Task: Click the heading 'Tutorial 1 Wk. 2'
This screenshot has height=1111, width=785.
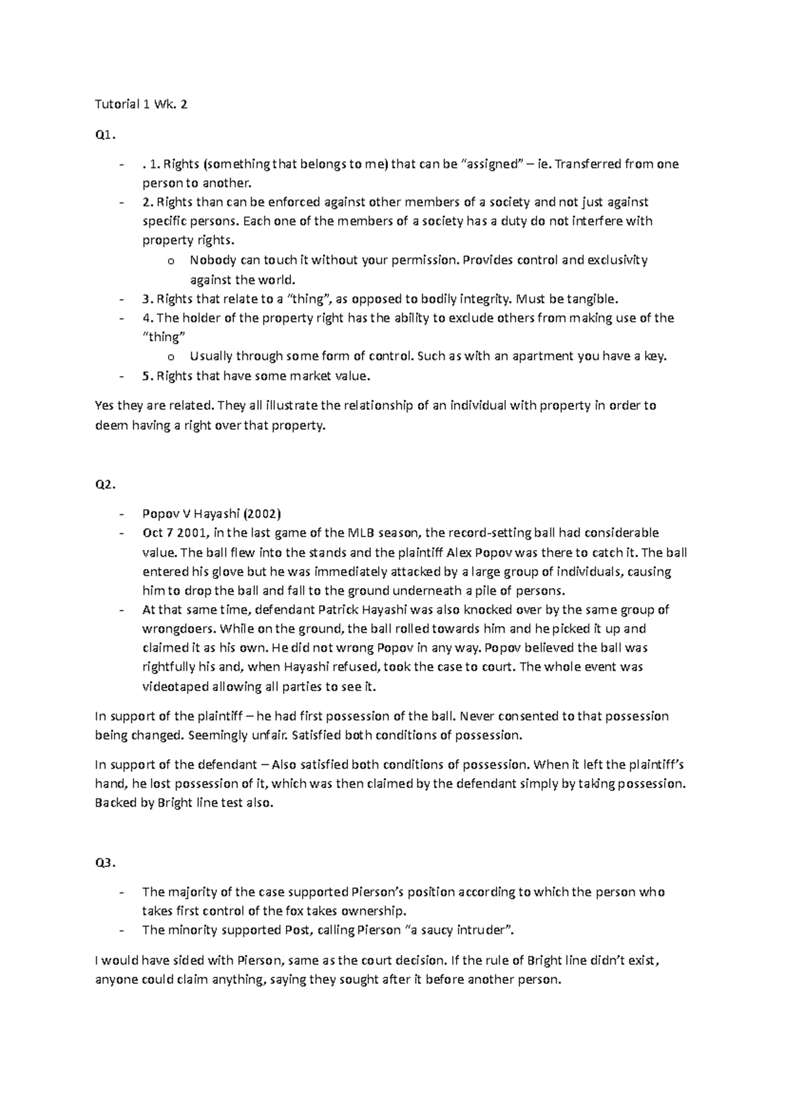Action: click(x=141, y=104)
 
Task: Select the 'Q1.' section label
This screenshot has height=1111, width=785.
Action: click(x=105, y=135)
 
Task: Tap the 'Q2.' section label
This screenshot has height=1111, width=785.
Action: click(x=105, y=485)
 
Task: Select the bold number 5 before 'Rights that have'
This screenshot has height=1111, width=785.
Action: click(x=146, y=376)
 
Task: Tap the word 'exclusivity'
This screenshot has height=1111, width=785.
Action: click(x=618, y=260)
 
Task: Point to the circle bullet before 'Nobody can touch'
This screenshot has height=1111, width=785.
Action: click(x=171, y=261)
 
